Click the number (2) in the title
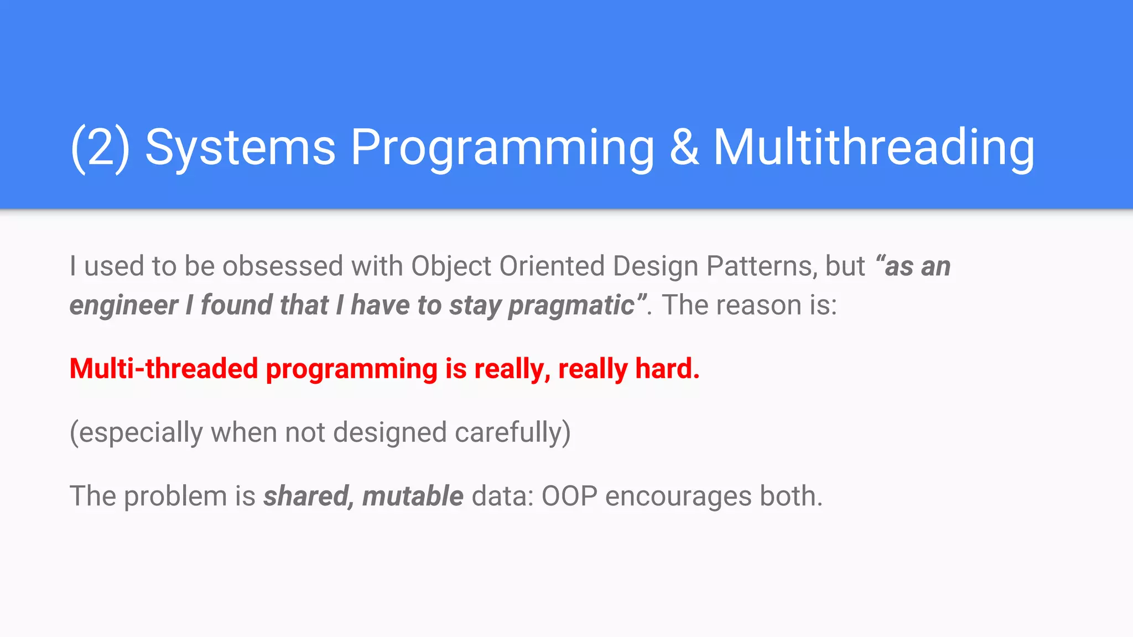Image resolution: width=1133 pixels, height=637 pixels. point(100,147)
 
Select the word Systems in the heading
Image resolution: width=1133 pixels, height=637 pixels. point(240,147)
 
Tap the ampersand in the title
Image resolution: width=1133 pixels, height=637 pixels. point(684,147)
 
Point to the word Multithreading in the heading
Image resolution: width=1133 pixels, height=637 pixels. point(874,147)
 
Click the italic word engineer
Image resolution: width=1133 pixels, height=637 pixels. point(124,306)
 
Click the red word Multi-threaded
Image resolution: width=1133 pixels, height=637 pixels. point(164,369)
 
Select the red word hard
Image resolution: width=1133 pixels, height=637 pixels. point(667,369)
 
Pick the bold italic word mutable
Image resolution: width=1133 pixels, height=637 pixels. point(413,496)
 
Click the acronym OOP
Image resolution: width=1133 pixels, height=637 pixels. point(569,496)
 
